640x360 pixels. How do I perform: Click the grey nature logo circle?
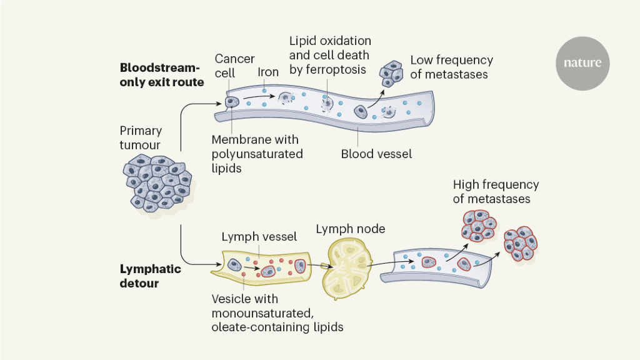[x=582, y=63]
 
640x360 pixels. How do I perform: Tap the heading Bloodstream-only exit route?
[x=162, y=74]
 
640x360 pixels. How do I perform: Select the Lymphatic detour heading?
[x=150, y=276]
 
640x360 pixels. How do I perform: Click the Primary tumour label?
[x=141, y=137]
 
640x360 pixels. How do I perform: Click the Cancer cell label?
[x=234, y=66]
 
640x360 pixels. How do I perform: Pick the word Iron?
[x=268, y=72]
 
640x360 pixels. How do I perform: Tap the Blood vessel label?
[x=376, y=153]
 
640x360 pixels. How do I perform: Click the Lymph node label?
[x=351, y=229]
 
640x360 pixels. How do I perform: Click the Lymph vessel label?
[x=259, y=237]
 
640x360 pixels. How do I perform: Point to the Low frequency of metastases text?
[x=451, y=67]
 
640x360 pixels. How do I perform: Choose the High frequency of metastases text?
[x=495, y=192]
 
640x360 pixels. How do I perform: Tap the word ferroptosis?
[x=336, y=69]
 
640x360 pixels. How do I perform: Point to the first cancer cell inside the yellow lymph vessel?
[x=234, y=265]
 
